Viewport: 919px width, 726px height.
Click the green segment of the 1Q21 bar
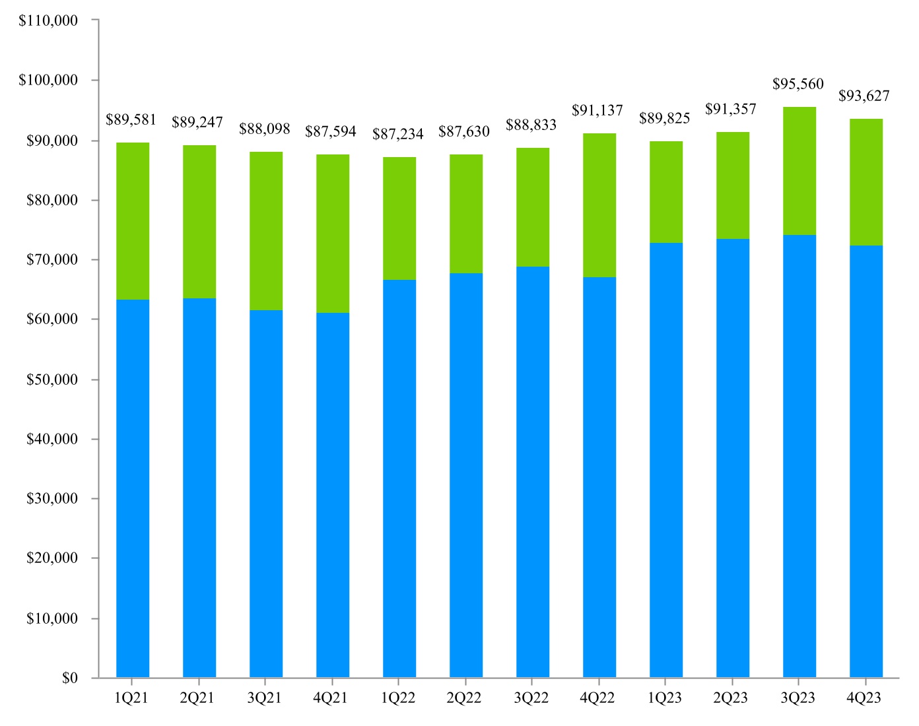(x=133, y=221)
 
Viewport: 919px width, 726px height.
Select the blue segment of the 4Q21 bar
(x=333, y=495)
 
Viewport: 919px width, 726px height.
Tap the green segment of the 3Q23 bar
(x=800, y=171)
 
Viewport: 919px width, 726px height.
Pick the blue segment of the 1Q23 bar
(x=666, y=460)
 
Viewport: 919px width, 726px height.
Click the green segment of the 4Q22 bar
(x=599, y=205)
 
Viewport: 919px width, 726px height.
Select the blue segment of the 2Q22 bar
(x=466, y=475)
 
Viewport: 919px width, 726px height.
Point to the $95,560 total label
(x=798, y=84)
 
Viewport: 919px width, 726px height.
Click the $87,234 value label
(x=398, y=134)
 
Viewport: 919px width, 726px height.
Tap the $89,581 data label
(x=131, y=119)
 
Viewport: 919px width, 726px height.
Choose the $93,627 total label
(x=864, y=96)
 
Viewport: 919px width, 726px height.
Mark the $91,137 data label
(x=597, y=110)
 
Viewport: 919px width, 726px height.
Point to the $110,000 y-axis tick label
(x=48, y=20)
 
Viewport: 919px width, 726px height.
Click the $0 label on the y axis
(x=70, y=678)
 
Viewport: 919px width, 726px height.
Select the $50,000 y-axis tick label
(x=51, y=379)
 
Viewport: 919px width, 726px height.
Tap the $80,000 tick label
(x=51, y=200)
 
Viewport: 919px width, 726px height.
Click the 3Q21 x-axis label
(x=265, y=698)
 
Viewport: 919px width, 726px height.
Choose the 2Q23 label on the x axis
(x=731, y=698)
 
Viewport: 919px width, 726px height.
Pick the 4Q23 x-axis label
(x=864, y=698)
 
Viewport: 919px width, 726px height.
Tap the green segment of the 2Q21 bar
(x=199, y=222)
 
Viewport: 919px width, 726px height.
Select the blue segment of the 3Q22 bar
(x=533, y=472)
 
